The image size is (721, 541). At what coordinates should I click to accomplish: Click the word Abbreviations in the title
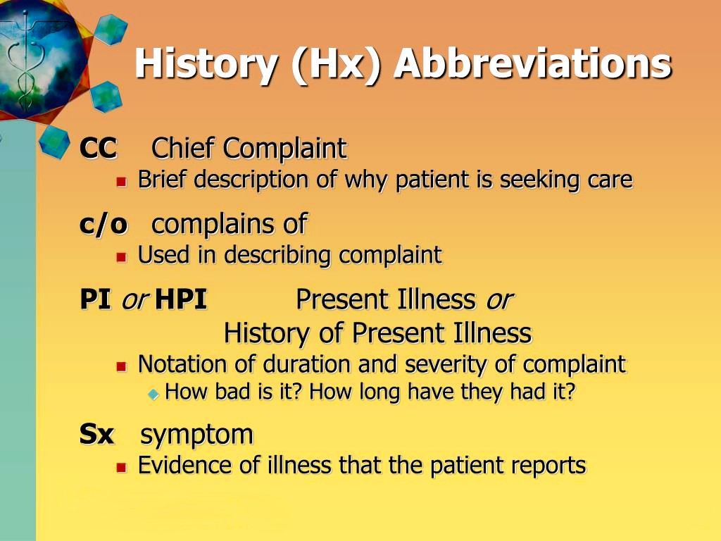pos(532,64)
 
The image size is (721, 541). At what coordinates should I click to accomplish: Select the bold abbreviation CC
pos(98,149)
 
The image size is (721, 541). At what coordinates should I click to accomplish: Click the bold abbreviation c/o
pos(103,224)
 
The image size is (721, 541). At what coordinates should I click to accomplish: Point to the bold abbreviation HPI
pos(181,300)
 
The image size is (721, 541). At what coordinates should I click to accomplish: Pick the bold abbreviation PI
pos(95,300)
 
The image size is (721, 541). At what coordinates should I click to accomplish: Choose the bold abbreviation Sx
pos(96,435)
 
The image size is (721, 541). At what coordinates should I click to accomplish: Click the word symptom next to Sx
pos(197,435)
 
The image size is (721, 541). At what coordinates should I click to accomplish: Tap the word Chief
pos(184,149)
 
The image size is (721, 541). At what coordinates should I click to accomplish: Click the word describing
pos(278,255)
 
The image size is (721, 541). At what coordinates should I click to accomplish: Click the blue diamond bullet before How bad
pos(153,394)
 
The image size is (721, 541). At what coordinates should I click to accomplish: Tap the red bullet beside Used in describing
pos(121,257)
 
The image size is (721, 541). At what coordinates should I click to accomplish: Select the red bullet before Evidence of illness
pos(121,467)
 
